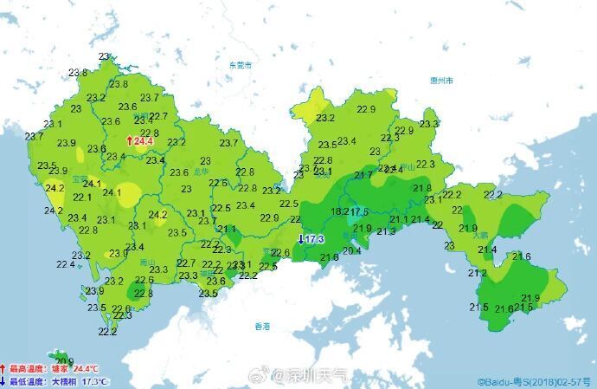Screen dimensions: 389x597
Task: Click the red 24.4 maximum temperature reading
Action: coord(141,141)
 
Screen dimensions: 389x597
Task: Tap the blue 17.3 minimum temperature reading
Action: coord(312,239)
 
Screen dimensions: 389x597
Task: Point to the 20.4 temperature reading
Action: coord(352,251)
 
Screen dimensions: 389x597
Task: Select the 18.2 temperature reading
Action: coord(340,211)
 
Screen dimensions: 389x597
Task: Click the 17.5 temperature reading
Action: coord(359,211)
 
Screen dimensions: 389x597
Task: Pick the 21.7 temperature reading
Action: coord(363,176)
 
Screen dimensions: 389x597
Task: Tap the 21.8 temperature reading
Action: coord(422,188)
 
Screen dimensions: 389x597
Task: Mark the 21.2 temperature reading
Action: coord(478,273)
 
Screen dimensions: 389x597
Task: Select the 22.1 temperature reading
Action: coord(83,198)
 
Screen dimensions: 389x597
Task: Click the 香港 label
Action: coord(262,327)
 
